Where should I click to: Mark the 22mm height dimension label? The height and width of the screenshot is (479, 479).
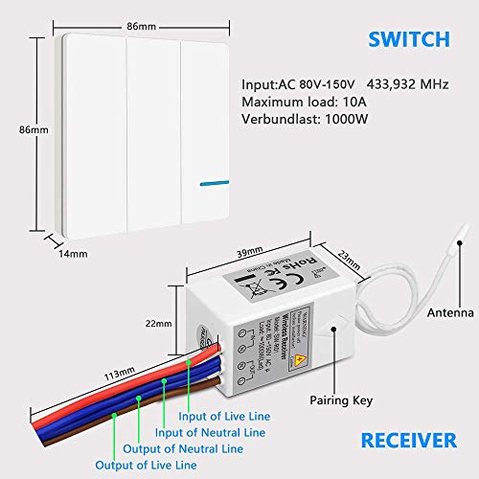pyautogui.click(x=148, y=322)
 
